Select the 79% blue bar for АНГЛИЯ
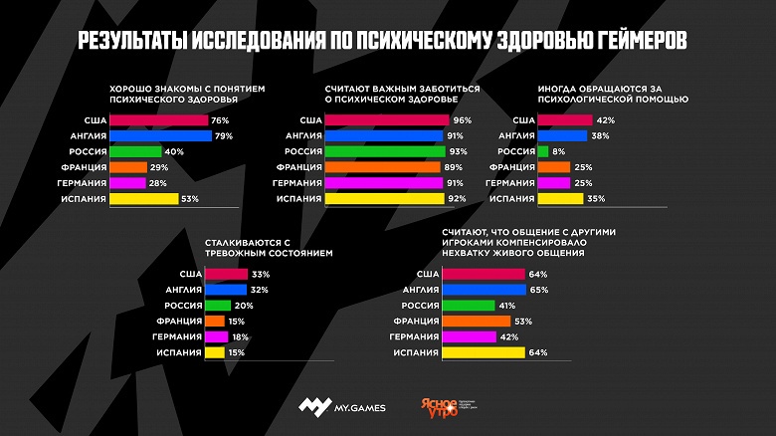pos(160,135)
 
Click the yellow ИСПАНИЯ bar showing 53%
pos(143,199)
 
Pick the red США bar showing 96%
pos(387,119)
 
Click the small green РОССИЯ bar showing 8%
pos(542,151)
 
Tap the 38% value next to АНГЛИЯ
pos(601,135)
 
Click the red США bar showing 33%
pos(226,274)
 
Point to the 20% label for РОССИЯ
pos(245,306)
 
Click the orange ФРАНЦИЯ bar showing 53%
pos(477,321)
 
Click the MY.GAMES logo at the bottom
pos(338,406)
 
